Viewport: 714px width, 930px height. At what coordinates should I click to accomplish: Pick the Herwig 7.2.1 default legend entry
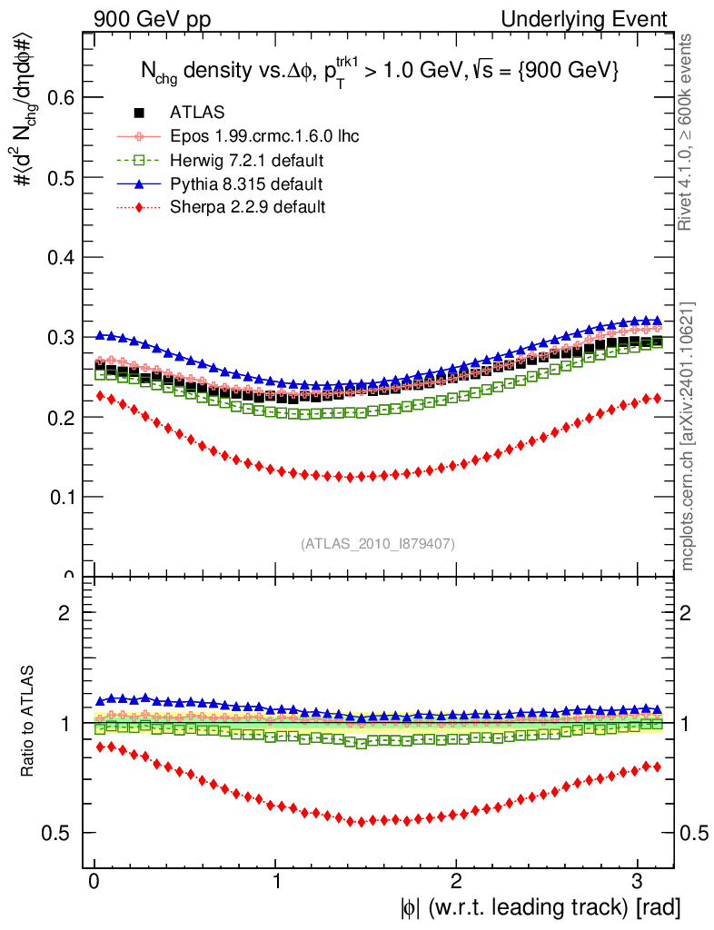click(247, 161)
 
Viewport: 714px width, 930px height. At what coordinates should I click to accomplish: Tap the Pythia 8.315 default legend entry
click(246, 184)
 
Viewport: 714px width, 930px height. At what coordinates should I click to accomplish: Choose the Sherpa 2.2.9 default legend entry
click(247, 207)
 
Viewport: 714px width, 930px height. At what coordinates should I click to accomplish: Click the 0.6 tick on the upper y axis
click(62, 98)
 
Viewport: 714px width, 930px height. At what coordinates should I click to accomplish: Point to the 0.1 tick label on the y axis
click(62, 497)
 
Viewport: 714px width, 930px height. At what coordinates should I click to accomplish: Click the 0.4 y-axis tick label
click(62, 258)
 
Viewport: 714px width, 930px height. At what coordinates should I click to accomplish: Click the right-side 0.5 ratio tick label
click(695, 834)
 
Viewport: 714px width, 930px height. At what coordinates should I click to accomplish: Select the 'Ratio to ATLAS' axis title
click(28, 722)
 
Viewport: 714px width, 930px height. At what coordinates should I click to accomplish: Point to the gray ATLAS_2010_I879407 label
click(378, 544)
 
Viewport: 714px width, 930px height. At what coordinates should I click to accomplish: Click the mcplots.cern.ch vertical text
click(689, 437)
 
